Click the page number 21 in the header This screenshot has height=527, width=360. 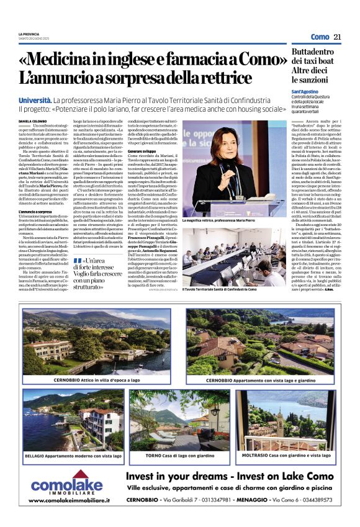click(337, 37)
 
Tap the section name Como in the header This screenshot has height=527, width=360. click(320, 37)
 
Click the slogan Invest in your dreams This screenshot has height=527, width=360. click(170, 477)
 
